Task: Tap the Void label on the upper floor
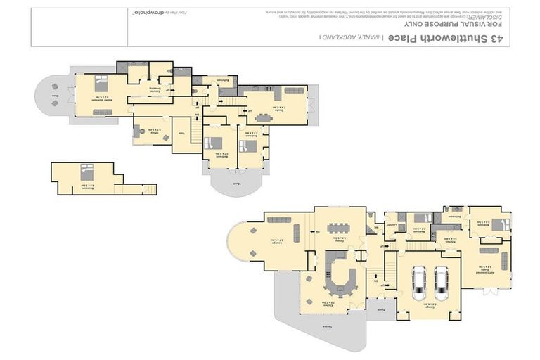click(182, 133)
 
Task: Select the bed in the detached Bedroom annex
click(86, 170)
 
